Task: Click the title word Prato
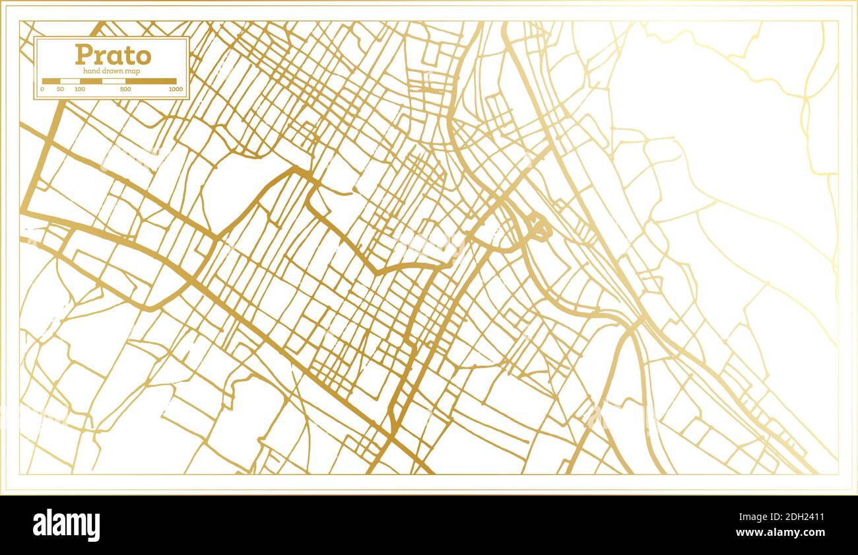click(112, 55)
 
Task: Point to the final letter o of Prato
click(143, 56)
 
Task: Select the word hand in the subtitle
click(91, 71)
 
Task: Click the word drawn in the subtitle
click(113, 71)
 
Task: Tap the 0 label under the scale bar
click(42, 89)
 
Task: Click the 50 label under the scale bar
click(61, 89)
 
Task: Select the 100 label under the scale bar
click(80, 89)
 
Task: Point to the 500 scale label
click(125, 89)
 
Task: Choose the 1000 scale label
click(176, 89)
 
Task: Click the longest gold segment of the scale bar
click(151, 81)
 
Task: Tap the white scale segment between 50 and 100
click(70, 81)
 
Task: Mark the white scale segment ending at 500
click(114, 81)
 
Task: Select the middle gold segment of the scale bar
click(90, 81)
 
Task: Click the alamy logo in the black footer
click(66, 525)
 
